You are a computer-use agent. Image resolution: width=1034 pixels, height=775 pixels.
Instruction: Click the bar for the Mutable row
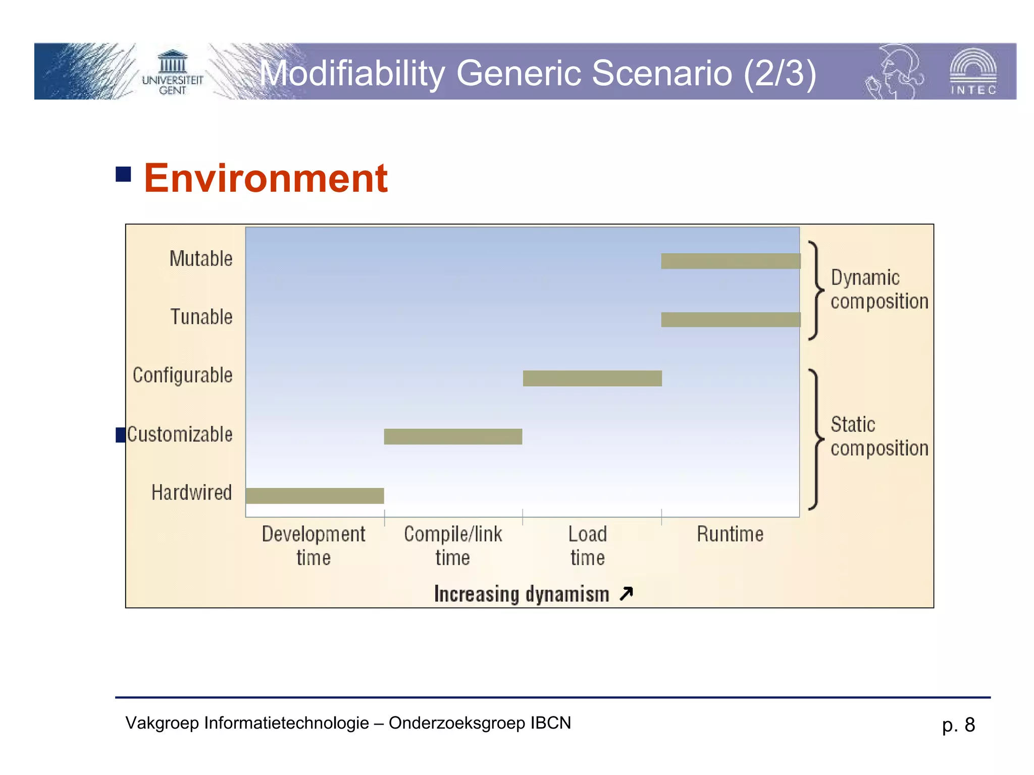click(731, 261)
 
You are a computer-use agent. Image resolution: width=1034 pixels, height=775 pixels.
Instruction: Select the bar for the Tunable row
click(731, 319)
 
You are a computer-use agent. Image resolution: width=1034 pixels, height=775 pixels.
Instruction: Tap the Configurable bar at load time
click(592, 378)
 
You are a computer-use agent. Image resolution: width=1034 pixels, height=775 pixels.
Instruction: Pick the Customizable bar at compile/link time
click(453, 436)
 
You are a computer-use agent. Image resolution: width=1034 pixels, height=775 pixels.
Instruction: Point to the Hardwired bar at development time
click(315, 495)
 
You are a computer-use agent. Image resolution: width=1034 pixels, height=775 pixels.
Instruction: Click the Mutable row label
click(201, 259)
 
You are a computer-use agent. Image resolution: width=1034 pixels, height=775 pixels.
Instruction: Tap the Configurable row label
click(183, 375)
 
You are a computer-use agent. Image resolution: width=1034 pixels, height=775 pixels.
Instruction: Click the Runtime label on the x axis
click(730, 534)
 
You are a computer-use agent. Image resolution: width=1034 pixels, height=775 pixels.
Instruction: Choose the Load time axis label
click(588, 546)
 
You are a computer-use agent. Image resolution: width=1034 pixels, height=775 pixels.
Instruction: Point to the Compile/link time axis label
click(453, 546)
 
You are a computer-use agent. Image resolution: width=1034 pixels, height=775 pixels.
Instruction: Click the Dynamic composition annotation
click(879, 290)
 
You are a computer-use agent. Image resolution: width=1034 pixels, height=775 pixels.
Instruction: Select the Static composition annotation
click(879, 436)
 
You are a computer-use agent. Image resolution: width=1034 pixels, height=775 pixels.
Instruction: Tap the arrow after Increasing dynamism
click(626, 594)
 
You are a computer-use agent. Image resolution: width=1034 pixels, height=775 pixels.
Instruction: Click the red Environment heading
click(266, 178)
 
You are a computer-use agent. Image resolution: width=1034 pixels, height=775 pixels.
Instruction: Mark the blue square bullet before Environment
click(123, 174)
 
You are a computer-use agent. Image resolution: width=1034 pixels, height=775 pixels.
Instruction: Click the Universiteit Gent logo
click(172, 72)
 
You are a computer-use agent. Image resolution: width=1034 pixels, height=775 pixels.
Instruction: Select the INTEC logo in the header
click(973, 72)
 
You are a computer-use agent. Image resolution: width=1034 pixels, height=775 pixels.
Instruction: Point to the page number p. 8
click(958, 725)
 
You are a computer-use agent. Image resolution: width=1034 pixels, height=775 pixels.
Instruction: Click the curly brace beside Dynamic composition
click(815, 291)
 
